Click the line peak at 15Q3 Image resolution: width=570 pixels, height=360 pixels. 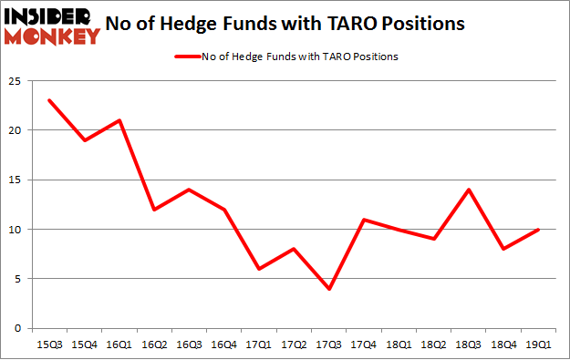[49, 100]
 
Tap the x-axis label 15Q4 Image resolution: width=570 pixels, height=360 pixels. [85, 345]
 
